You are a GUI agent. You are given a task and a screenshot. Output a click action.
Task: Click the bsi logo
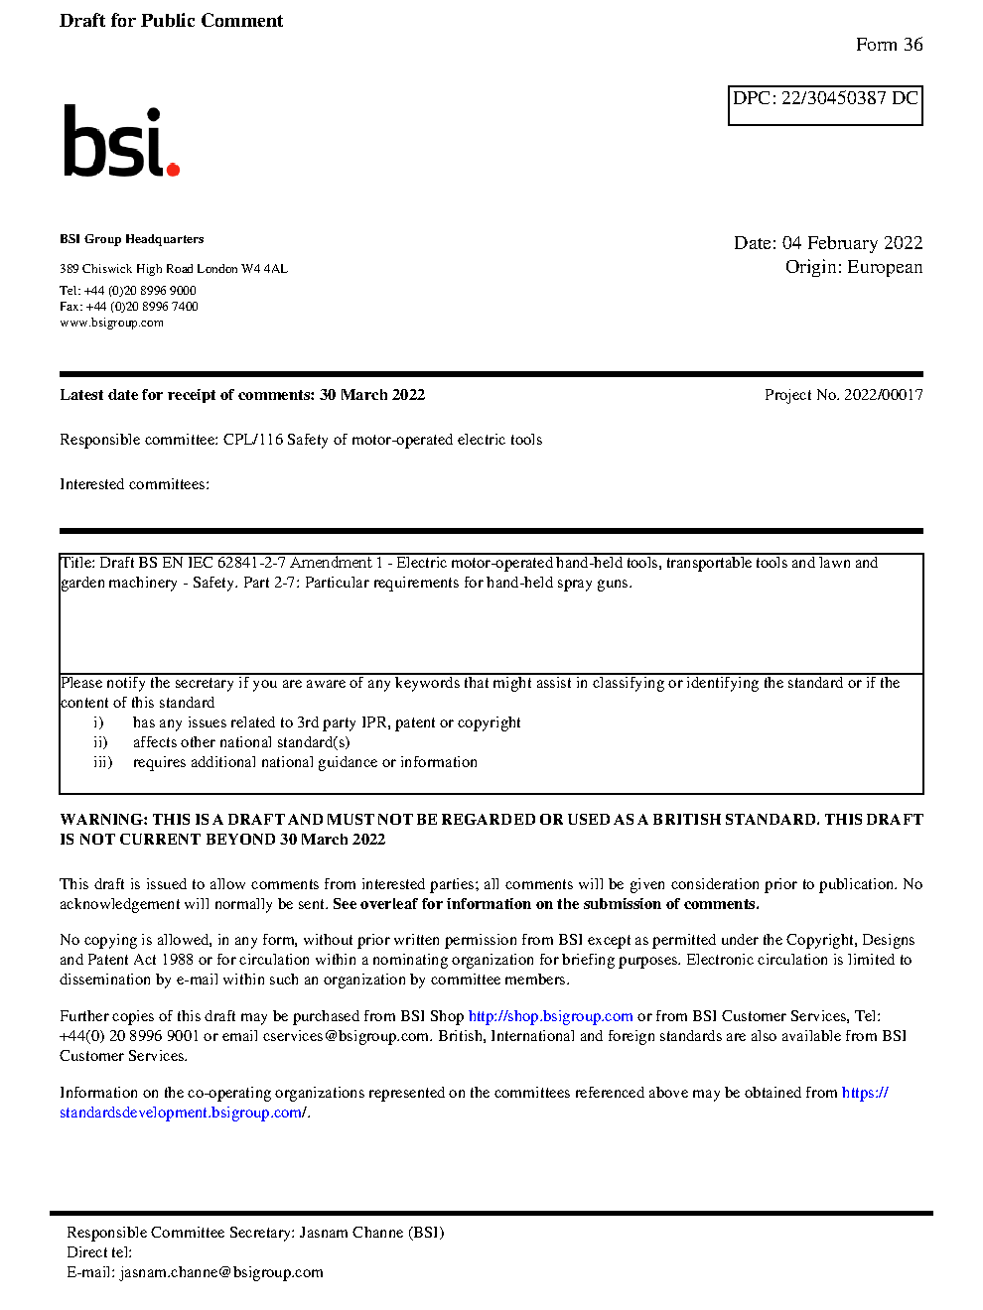click(119, 142)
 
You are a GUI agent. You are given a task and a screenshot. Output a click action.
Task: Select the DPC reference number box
click(825, 105)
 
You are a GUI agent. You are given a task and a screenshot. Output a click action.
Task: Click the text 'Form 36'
click(889, 45)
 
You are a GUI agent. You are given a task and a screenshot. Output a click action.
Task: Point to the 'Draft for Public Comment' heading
click(171, 21)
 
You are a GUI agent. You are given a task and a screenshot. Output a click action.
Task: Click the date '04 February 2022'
click(852, 243)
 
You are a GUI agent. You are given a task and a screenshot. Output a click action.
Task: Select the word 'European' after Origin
click(885, 267)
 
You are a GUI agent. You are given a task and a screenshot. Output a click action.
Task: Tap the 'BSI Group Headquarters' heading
click(132, 239)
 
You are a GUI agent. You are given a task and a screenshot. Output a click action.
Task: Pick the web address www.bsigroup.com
click(111, 323)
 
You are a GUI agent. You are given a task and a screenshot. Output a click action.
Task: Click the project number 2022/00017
click(883, 395)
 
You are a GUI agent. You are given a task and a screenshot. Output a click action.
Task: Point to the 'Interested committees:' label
click(134, 484)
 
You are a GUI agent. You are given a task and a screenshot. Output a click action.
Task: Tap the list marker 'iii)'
click(103, 762)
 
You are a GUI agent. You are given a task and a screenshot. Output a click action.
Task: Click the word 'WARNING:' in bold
click(103, 820)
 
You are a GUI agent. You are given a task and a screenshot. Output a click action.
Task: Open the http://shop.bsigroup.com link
click(550, 1016)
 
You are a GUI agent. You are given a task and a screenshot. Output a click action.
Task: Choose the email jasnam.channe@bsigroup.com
click(221, 1272)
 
